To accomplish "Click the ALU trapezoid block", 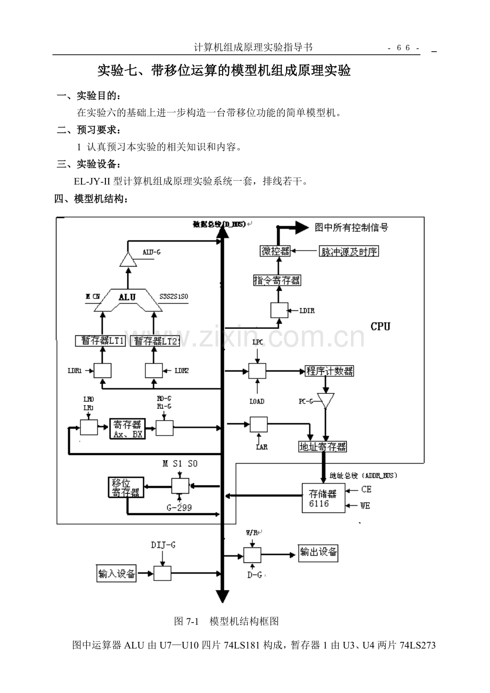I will (127, 299).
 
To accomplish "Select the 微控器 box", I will (275, 251).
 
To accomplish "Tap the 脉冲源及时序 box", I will (349, 251).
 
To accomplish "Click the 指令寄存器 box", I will (276, 280).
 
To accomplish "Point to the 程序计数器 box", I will (330, 371).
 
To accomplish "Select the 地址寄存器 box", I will (322, 447).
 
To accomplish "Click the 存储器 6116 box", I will (323, 498).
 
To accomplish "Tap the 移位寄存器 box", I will (126, 488).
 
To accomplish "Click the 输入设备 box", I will (117, 574).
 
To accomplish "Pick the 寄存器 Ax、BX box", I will (127, 429).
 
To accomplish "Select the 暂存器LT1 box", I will (100, 341).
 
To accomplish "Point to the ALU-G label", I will (151, 252).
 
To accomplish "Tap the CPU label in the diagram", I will (380, 326).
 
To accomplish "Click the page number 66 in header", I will (403, 48).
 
